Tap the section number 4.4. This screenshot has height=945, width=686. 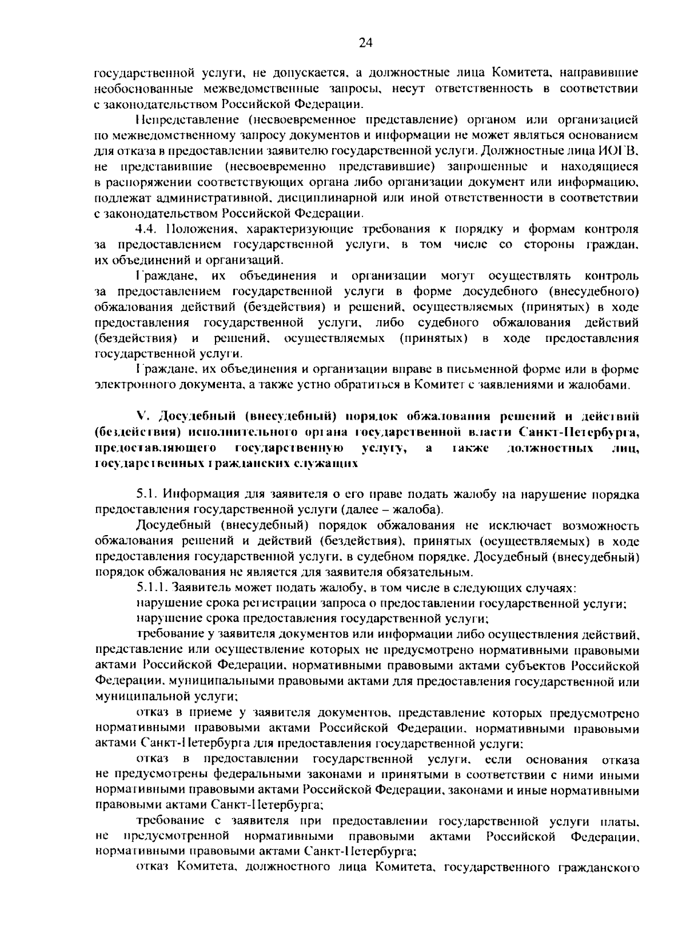pos(148,229)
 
